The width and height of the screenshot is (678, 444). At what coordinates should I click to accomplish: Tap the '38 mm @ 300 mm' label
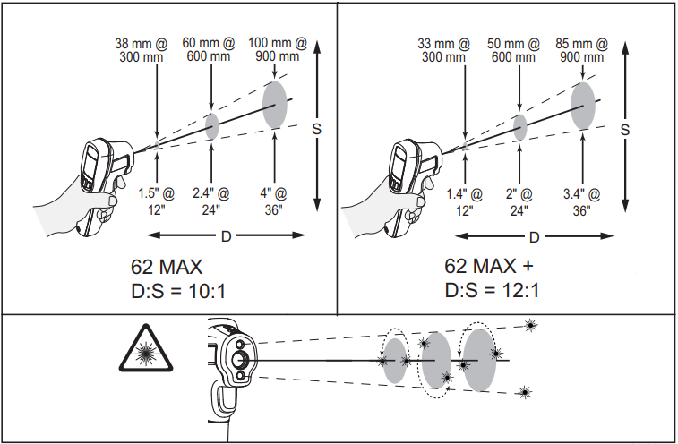click(141, 49)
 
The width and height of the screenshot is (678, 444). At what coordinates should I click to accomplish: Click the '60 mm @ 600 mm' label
click(210, 49)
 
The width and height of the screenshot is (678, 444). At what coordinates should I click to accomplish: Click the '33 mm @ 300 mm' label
click(445, 49)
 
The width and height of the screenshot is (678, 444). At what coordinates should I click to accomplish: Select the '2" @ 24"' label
click(519, 201)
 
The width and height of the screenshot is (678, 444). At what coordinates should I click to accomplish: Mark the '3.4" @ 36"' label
click(582, 201)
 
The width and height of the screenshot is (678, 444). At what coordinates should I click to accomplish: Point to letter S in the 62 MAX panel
click(316, 129)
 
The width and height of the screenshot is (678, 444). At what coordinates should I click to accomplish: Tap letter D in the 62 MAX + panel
click(534, 237)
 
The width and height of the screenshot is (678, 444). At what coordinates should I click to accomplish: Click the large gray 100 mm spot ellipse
click(275, 105)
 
